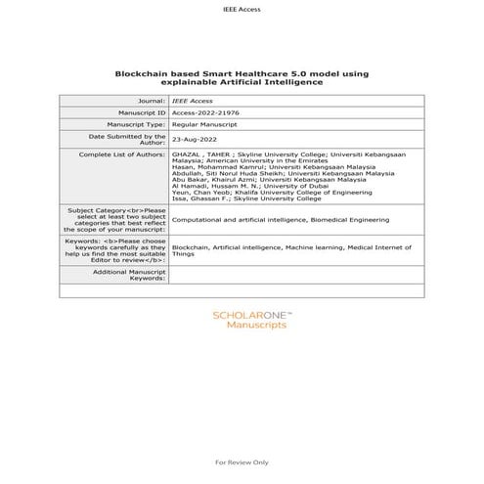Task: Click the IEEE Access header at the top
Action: click(241, 11)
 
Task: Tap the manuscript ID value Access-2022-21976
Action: click(206, 113)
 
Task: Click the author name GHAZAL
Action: click(189, 154)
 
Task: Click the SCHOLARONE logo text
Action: click(251, 315)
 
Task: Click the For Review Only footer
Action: click(241, 462)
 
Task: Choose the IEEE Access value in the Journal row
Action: click(192, 101)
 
